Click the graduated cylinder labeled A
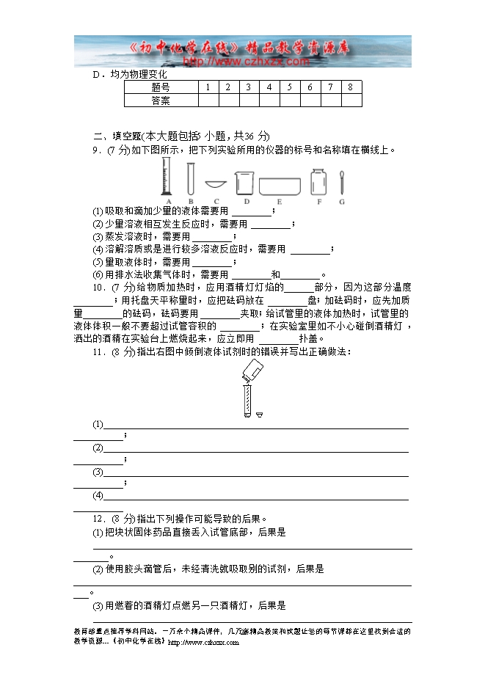point(166,178)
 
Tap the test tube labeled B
point(191,178)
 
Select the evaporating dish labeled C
point(216,184)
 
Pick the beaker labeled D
point(245,183)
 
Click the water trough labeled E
point(280,184)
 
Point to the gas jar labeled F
point(318,181)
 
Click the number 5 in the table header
point(290,87)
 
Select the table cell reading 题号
point(160,87)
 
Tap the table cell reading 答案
point(160,101)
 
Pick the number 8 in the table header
point(351,87)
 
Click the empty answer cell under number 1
point(208,101)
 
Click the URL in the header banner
point(245,62)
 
